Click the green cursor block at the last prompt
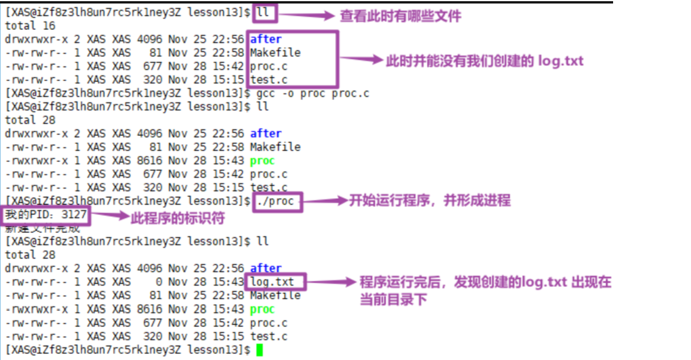[x=259, y=350]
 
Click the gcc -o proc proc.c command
[x=313, y=93]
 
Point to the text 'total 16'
[x=30, y=26]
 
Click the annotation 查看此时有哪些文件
[x=400, y=16]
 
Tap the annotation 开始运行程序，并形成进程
[x=430, y=200]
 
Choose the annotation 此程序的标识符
[x=177, y=219]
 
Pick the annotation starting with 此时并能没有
[x=485, y=61]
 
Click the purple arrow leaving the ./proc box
[x=324, y=201]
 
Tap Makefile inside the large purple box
[x=275, y=53]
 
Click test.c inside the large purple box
[x=268, y=80]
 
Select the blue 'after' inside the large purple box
[x=265, y=39]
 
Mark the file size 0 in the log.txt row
[x=159, y=282]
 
